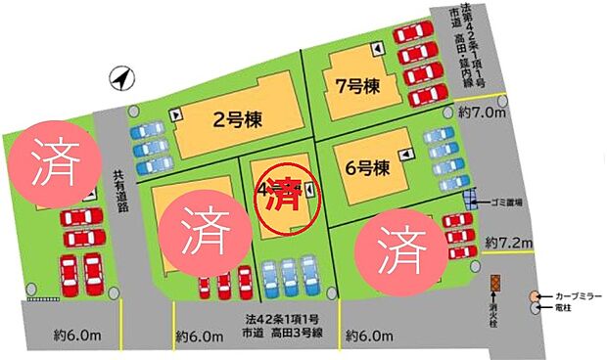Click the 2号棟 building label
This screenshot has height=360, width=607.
coord(234,121)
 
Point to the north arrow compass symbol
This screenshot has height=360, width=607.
coord(120,77)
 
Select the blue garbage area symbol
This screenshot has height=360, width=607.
coord(470,201)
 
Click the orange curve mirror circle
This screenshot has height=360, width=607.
coord(534,295)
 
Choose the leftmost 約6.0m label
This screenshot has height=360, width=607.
coord(78,336)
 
